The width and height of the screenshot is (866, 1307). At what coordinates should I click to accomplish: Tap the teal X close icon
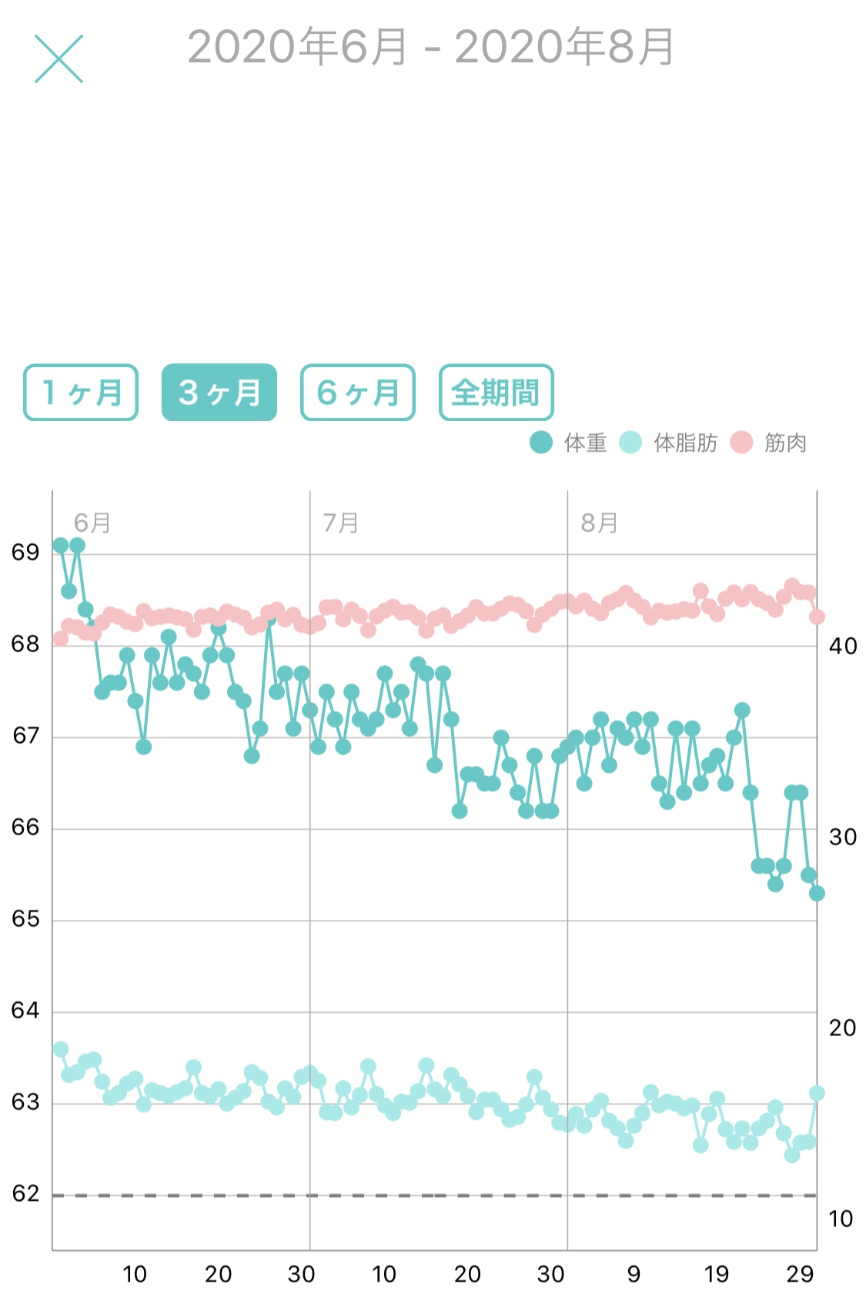(x=59, y=58)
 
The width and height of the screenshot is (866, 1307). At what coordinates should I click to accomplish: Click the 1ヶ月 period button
(x=81, y=393)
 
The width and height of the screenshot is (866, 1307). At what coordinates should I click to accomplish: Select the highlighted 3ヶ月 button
(x=219, y=393)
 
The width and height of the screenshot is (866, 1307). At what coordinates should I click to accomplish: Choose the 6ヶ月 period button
(x=358, y=393)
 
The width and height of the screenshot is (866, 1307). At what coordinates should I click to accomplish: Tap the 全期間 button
(x=497, y=393)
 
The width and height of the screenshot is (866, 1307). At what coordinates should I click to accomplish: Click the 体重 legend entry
(x=570, y=443)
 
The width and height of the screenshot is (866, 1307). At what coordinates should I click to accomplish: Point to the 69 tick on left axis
(x=25, y=553)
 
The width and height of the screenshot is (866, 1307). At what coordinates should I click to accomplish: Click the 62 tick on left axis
(x=25, y=1194)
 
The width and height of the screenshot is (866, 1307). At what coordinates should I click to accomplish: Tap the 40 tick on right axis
(x=843, y=647)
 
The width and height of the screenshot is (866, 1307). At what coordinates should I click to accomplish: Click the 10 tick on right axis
(x=841, y=1219)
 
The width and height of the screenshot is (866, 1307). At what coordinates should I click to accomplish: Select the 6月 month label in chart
(x=92, y=523)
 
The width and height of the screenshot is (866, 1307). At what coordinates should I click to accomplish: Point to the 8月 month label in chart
(x=600, y=523)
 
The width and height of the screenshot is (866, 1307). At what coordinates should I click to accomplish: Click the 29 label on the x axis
(x=800, y=1275)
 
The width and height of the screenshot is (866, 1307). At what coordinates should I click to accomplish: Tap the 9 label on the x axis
(x=634, y=1275)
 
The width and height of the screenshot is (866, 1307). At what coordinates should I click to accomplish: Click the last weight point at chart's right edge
(x=817, y=894)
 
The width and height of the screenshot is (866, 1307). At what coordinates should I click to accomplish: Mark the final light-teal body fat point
(x=817, y=1093)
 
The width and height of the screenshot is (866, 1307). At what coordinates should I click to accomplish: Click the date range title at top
(x=431, y=48)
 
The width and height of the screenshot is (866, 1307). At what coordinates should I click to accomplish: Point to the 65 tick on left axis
(x=25, y=919)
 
